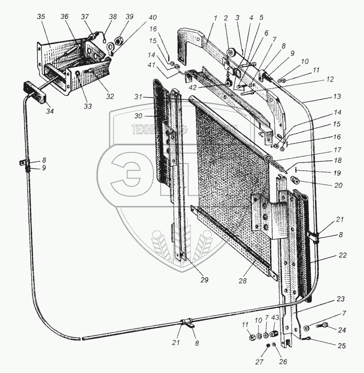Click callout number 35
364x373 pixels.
41,17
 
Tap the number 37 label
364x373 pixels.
85,17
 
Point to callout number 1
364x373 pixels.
215,18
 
